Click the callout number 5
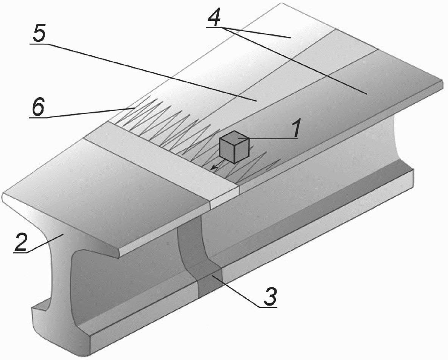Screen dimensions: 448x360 (39, 33)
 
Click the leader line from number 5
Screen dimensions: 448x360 (151, 72)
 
